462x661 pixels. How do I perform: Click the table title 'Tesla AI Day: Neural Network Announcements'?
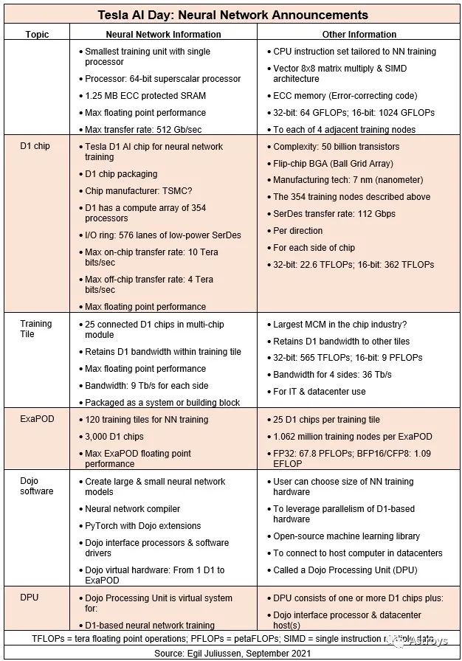point(232,15)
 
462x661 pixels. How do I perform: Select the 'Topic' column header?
point(37,34)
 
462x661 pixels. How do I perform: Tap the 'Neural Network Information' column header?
point(163,34)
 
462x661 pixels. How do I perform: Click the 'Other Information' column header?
point(359,34)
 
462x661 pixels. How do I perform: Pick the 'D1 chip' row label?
point(35,146)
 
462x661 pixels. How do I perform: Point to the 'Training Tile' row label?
point(36,328)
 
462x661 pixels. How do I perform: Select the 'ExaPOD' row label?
point(35,419)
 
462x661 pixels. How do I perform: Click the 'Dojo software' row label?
point(36,486)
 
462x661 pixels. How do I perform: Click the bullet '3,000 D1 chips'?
point(118,436)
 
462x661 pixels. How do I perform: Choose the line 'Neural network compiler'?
point(132,509)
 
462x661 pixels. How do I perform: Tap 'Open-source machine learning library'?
point(347,536)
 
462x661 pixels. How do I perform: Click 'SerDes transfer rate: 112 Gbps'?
point(334,214)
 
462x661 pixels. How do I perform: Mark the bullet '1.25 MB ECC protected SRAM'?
point(145,96)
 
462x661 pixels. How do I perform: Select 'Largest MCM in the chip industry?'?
point(341,325)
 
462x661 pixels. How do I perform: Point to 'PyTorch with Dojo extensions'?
point(142,526)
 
